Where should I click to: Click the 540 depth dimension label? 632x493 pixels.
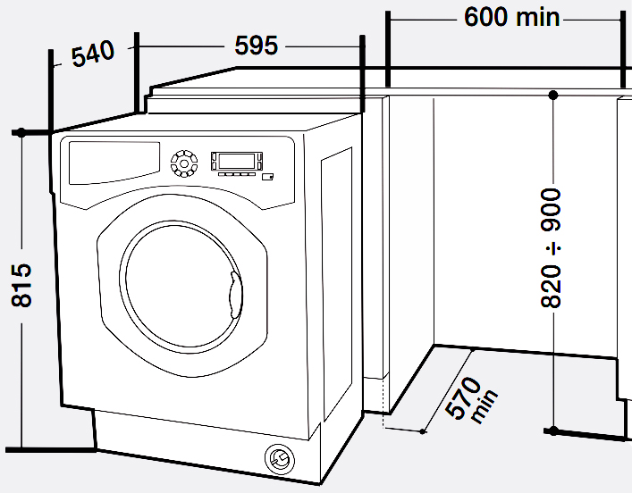(x=93, y=54)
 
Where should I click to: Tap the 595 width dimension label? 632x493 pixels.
(x=257, y=45)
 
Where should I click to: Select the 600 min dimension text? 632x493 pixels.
(x=512, y=17)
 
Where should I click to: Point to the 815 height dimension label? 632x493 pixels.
(x=21, y=286)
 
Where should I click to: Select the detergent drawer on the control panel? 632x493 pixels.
(x=111, y=162)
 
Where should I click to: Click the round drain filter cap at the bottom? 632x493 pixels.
(x=279, y=459)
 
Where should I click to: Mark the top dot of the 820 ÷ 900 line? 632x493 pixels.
(x=553, y=94)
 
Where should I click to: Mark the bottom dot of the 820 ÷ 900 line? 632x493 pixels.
(x=553, y=430)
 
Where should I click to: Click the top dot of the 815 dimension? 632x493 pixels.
(x=20, y=133)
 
